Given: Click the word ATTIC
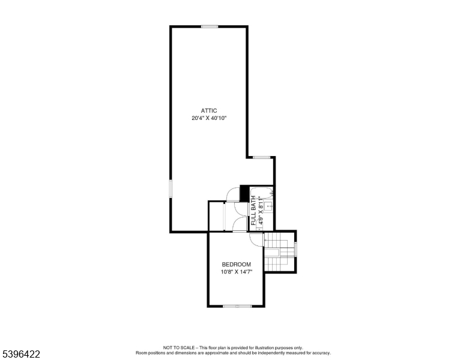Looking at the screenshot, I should point(209,110).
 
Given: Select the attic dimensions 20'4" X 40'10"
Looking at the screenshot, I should point(209,118).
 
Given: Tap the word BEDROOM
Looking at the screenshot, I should point(236,265).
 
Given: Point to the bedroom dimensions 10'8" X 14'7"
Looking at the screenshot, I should point(236,272).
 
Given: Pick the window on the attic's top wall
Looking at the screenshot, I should point(210,26).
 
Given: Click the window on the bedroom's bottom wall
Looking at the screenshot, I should point(237,307).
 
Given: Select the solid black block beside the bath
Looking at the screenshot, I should point(244,193).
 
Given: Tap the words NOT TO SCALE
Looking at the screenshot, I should point(180,347).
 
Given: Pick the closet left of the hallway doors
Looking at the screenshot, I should point(216,217).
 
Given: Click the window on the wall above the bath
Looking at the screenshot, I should point(261,157).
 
